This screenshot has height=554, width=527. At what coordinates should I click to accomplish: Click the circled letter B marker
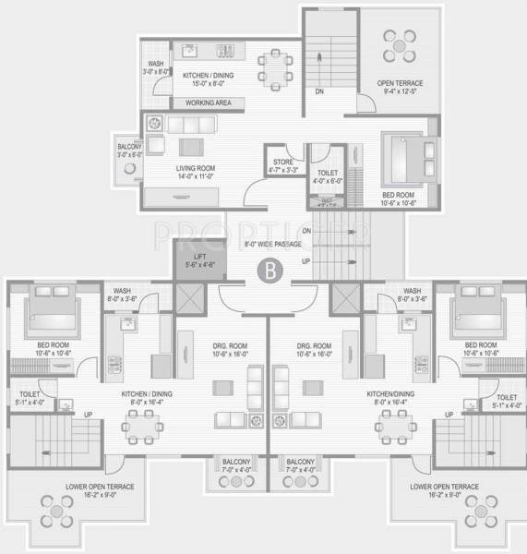[268, 271]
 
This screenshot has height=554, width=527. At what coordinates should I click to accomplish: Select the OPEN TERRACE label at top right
[399, 87]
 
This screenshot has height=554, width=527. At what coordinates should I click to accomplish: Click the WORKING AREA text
[208, 102]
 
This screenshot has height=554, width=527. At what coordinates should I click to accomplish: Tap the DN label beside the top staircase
[319, 91]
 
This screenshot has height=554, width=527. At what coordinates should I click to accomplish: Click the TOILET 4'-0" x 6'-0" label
[328, 176]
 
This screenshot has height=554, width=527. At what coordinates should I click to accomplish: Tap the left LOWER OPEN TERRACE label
[100, 490]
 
